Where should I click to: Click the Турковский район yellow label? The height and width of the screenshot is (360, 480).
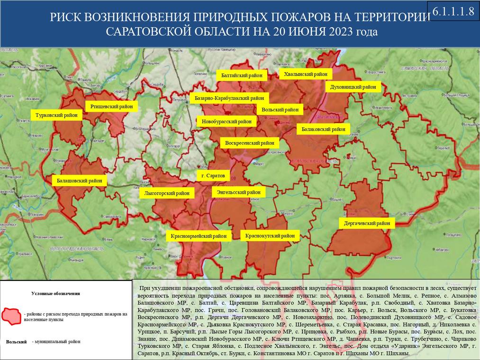(x=56, y=115)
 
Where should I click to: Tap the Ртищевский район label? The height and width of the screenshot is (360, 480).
(x=111, y=106)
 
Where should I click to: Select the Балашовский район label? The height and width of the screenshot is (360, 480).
(x=79, y=180)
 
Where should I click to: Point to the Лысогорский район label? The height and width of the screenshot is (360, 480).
(x=167, y=193)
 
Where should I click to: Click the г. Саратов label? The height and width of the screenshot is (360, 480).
(x=213, y=176)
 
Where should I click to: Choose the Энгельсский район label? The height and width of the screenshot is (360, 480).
(x=239, y=192)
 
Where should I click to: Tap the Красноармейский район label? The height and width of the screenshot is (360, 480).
(x=199, y=235)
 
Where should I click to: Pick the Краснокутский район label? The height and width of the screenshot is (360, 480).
(x=270, y=235)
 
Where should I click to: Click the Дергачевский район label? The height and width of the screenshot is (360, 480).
(x=367, y=223)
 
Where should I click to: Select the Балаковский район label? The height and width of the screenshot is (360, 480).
(x=323, y=129)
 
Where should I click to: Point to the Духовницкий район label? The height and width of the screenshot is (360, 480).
(x=353, y=87)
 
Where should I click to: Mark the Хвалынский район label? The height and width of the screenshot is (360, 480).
(x=305, y=74)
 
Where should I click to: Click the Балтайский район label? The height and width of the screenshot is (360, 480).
(x=242, y=75)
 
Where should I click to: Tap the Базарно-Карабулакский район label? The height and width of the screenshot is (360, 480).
(x=229, y=98)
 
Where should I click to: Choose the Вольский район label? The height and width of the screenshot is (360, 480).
(x=280, y=109)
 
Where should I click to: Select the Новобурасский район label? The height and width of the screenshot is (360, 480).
(x=226, y=121)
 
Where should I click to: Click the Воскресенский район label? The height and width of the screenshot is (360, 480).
(x=250, y=143)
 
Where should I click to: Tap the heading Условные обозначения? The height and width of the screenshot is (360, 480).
(x=55, y=293)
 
